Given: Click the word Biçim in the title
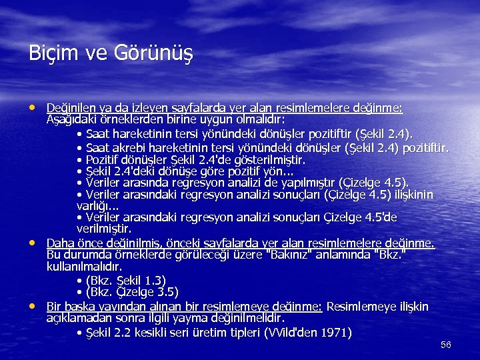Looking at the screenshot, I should pyautogui.click(x=50, y=52).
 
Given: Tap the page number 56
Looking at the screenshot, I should pyautogui.click(x=446, y=345).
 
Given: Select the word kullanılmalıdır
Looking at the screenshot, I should pyautogui.click(x=84, y=267).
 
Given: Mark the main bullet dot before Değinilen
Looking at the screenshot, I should pyautogui.click(x=34, y=107).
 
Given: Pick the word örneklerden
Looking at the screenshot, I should pyautogui.click(x=133, y=120).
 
